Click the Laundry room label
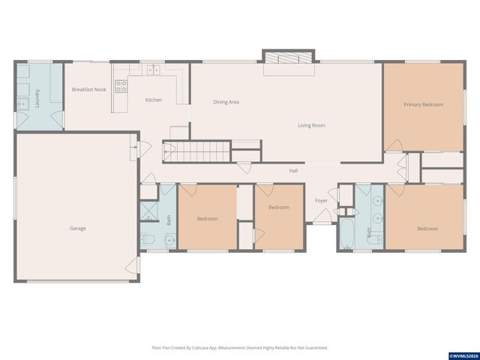(37, 98)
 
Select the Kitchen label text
(153, 100)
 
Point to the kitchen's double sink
(153, 70)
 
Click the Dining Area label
(226, 102)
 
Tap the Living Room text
(311, 125)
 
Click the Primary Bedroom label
(423, 104)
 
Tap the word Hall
(295, 171)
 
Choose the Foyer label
(321, 200)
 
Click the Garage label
(78, 228)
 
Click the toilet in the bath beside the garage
(148, 240)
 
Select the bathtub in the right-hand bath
(346, 233)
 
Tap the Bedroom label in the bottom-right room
(427, 228)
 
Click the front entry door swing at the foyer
(322, 217)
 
